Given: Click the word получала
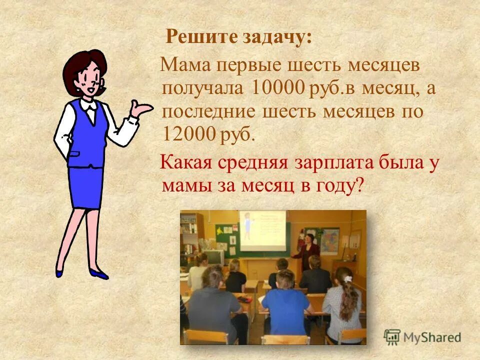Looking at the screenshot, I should point(203,88).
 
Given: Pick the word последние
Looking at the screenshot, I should point(210,111).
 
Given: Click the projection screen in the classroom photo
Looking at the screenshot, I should point(262,229).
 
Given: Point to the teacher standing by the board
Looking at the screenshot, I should point(307,250).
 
